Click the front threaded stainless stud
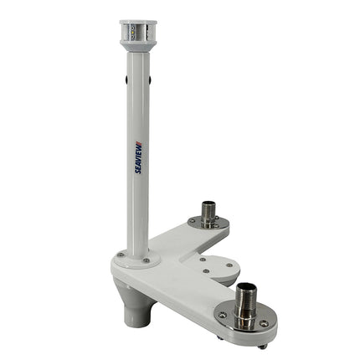coord(245,302)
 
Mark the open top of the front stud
coord(245,286)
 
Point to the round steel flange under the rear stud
coord(208,224)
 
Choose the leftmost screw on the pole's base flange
coord(121,255)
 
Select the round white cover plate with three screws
coord(216,268)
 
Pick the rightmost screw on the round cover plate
coord(230,268)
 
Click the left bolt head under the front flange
coord(219,337)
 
